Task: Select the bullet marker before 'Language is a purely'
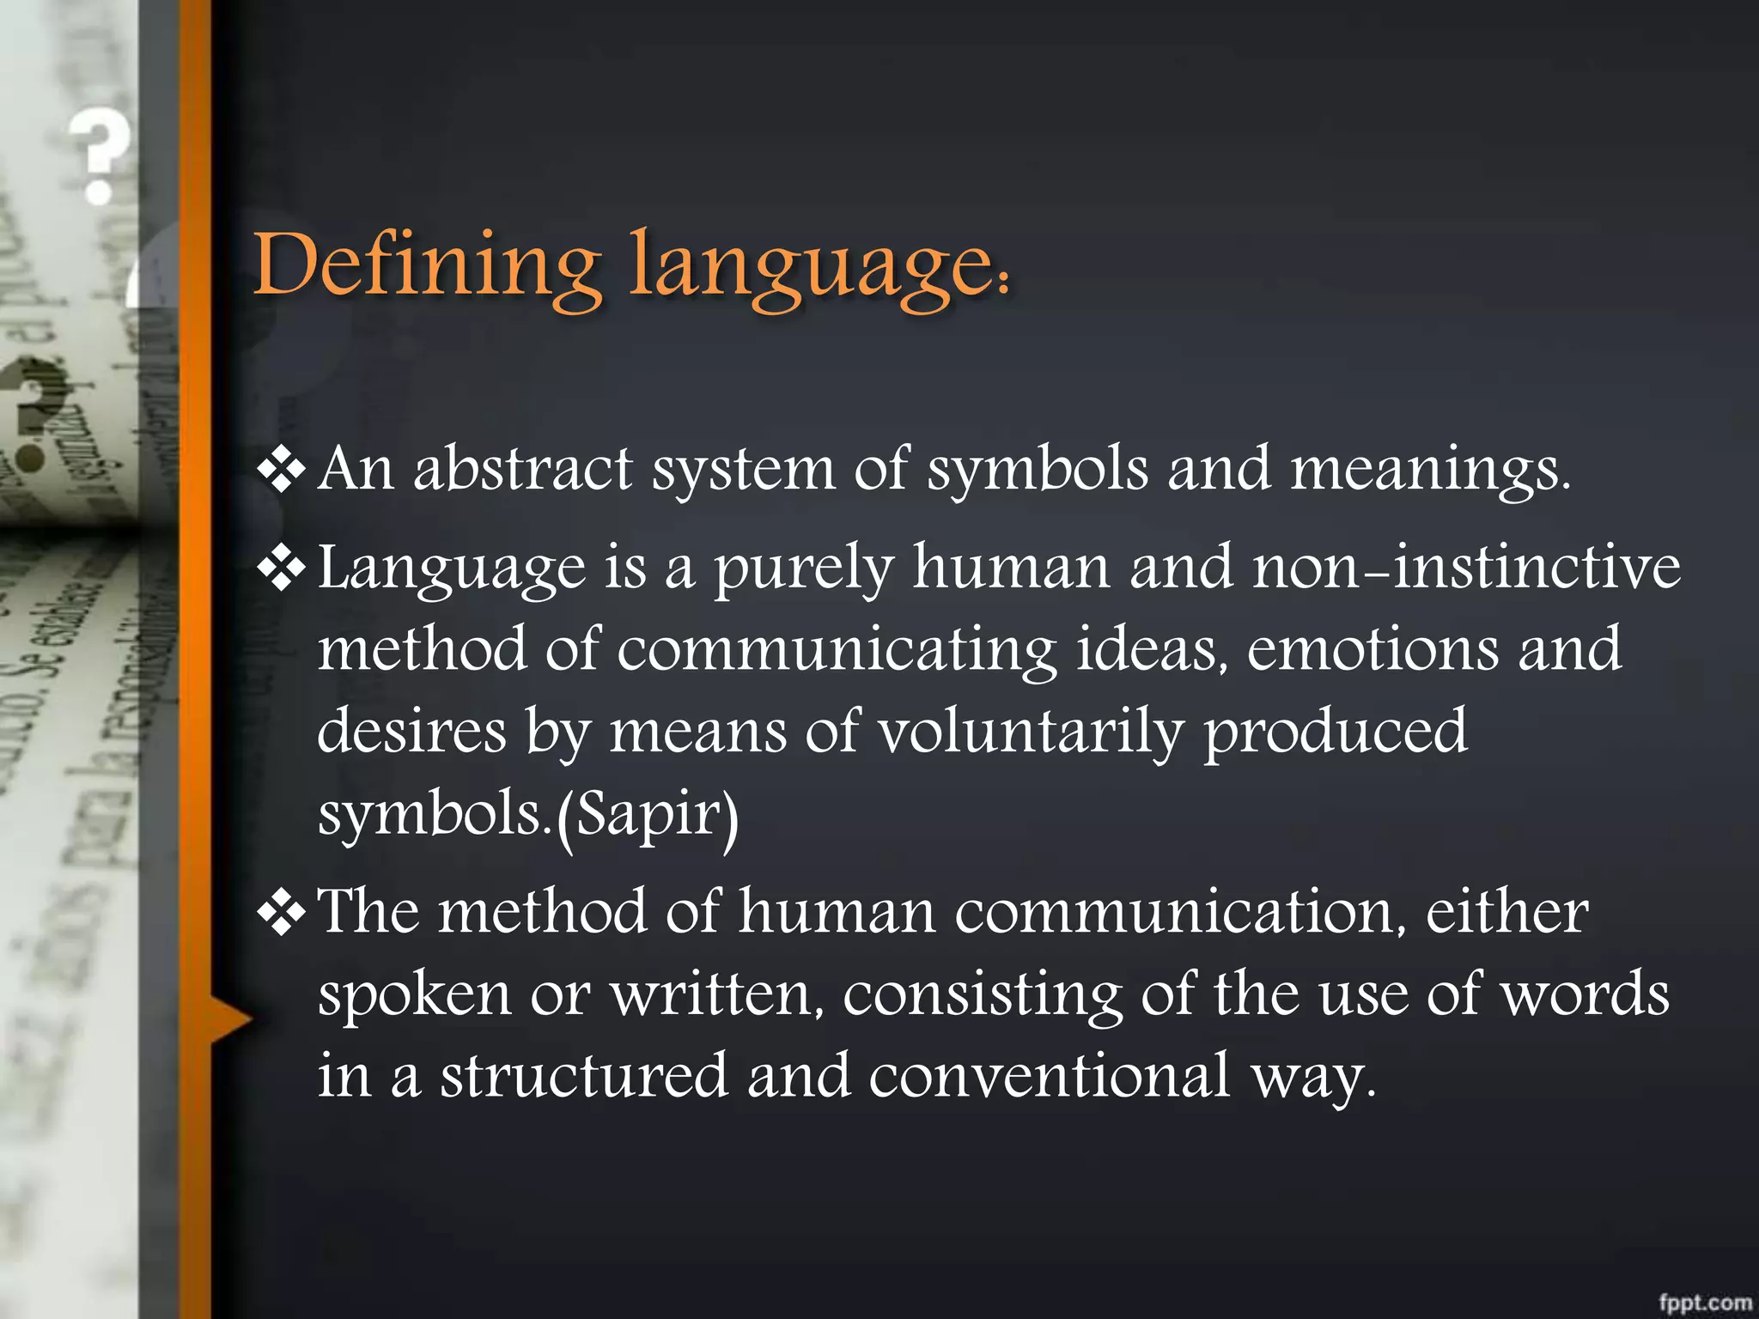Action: pos(282,568)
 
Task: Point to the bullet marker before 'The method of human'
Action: pos(282,913)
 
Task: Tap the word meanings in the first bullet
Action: pos(1429,471)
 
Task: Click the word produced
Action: pos(1335,732)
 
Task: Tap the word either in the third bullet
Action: pos(1506,911)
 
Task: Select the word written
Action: pos(716,994)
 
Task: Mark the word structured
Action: pos(584,1076)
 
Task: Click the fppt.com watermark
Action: pos(1704,1303)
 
